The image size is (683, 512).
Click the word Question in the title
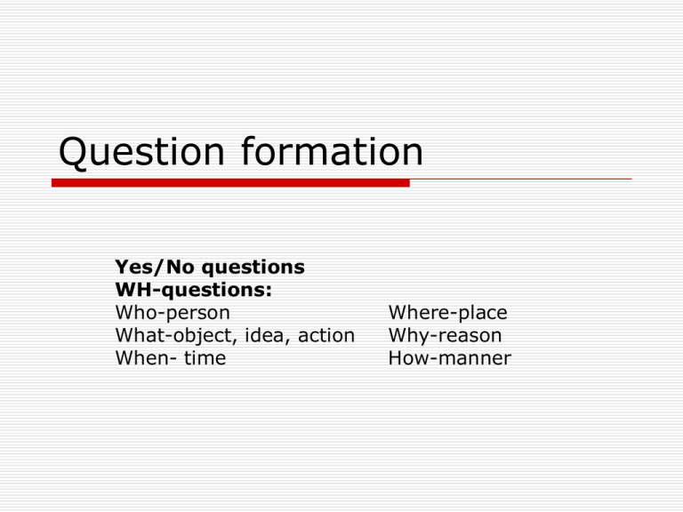(141, 151)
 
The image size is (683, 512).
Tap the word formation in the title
(332, 150)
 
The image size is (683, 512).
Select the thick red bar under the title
(230, 183)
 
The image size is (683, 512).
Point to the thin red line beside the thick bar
(521, 179)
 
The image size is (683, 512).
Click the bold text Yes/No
(155, 267)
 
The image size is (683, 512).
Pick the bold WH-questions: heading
(193, 290)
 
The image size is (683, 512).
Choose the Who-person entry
(173, 313)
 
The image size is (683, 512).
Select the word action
(326, 335)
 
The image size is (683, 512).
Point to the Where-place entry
(448, 313)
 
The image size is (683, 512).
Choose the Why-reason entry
(446, 335)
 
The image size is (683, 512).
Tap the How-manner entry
(449, 358)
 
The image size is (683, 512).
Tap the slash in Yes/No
(159, 267)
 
